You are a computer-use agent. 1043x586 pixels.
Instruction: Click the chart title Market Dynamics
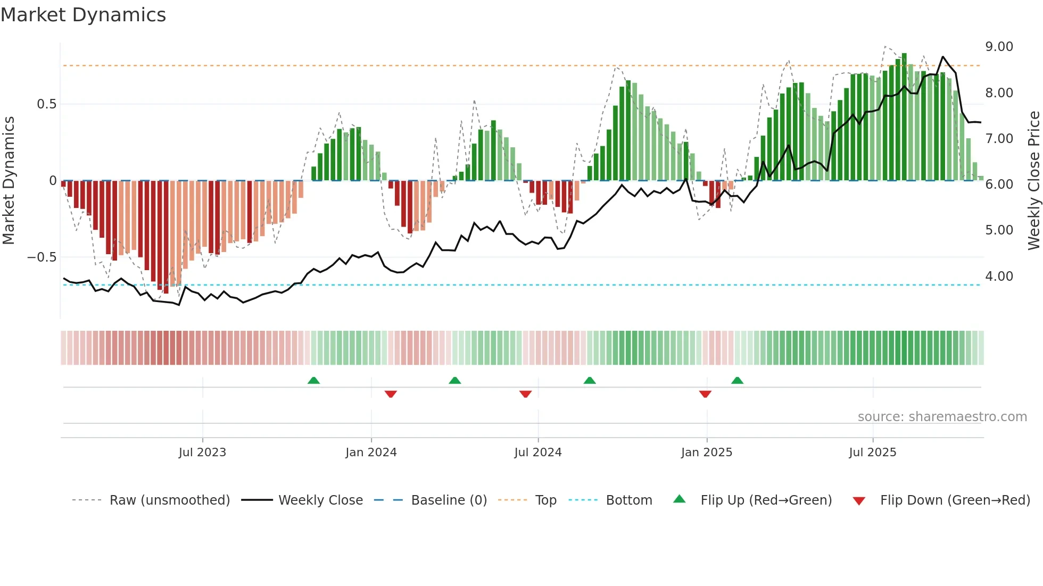[x=84, y=15]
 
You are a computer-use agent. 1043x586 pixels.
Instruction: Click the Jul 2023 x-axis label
[x=202, y=453]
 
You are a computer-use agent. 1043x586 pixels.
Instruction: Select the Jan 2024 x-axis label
[x=371, y=453]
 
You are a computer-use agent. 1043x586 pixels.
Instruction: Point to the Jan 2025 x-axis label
[x=707, y=453]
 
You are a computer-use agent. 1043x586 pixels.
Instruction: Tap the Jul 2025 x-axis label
[x=873, y=453]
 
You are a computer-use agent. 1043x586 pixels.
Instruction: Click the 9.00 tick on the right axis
[x=999, y=47]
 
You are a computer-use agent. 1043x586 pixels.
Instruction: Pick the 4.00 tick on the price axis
[x=999, y=277]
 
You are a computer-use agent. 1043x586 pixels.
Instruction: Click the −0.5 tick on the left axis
[x=42, y=257]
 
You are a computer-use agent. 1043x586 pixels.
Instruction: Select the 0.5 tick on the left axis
[x=46, y=104]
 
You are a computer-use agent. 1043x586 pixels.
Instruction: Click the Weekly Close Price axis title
[x=1033, y=181]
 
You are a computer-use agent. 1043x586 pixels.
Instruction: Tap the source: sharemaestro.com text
[x=942, y=417]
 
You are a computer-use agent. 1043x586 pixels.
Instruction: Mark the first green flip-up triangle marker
[x=313, y=381]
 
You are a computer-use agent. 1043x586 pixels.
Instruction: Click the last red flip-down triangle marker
[x=705, y=394]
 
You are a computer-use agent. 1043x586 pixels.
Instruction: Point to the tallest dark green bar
[x=904, y=117]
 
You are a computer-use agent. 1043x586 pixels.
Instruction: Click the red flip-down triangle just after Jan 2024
[x=391, y=394]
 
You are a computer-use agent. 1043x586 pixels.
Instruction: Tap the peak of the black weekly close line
[x=943, y=57]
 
